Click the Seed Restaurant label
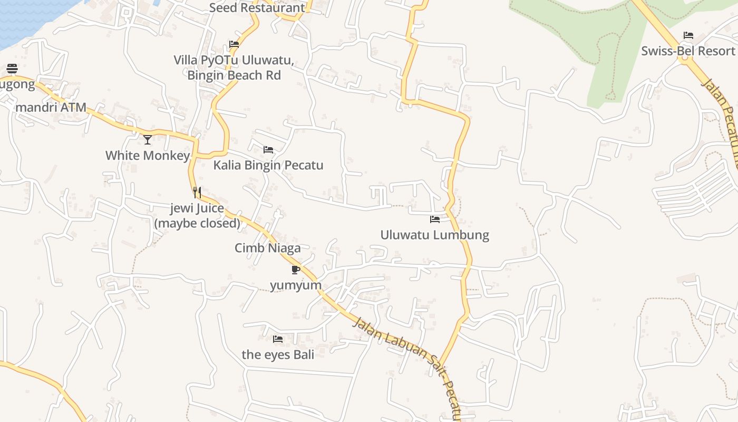tap(257, 8)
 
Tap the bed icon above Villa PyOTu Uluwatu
tap(234, 44)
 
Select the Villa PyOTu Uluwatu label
tap(234, 60)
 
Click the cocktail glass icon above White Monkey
tap(148, 140)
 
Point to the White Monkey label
tap(148, 156)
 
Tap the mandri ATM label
tap(51, 108)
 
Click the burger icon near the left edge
tap(12, 69)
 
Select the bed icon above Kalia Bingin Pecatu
tap(268, 150)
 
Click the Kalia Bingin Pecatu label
tap(268, 166)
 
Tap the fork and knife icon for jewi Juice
tap(197, 193)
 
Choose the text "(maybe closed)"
tap(197, 223)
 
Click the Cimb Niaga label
tap(268, 248)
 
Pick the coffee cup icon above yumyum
tap(296, 270)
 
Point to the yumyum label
tap(296, 285)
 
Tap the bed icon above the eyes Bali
tap(278, 339)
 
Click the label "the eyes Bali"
tap(278, 354)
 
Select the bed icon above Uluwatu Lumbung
tap(435, 219)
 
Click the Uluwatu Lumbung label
tap(435, 235)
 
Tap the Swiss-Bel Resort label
tap(688, 51)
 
